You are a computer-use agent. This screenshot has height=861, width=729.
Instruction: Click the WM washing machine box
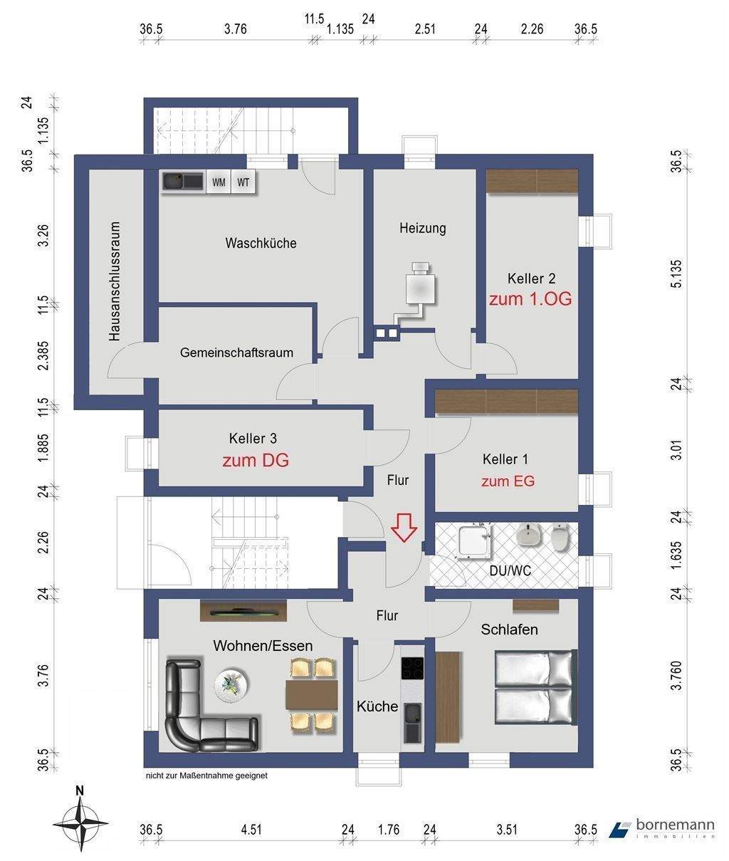[219, 182]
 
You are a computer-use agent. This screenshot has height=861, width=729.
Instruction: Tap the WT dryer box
[243, 182]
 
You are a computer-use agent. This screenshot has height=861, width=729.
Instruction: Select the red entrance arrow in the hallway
[404, 527]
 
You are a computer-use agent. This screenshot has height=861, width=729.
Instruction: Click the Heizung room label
[423, 229]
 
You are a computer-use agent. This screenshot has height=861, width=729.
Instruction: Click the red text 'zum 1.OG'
[530, 299]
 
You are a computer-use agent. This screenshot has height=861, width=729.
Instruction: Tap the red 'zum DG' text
[255, 461]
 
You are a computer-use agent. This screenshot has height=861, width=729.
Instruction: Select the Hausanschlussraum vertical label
[115, 281]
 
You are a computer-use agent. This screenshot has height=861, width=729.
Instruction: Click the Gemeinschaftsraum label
[236, 353]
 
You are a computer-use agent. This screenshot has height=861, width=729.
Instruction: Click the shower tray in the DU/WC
[475, 541]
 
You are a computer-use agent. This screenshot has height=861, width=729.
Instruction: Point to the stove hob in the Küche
[412, 668]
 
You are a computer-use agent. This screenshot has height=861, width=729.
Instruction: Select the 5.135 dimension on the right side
[677, 273]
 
